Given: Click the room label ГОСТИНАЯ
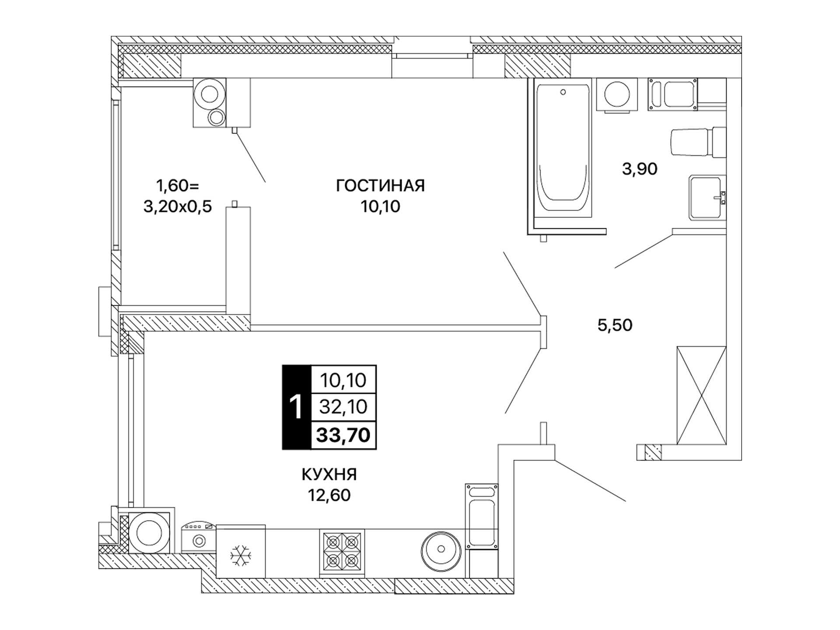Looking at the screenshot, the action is pyautogui.click(x=380, y=186).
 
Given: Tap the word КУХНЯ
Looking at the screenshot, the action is pyautogui.click(x=329, y=474).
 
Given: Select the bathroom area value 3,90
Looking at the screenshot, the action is pyautogui.click(x=640, y=169).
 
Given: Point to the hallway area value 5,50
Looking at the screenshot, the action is pyautogui.click(x=615, y=325).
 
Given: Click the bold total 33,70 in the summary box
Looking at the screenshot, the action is pyautogui.click(x=343, y=435).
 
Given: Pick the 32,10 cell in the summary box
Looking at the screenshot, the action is pyautogui.click(x=343, y=407).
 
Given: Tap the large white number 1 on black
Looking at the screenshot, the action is pyautogui.click(x=296, y=407).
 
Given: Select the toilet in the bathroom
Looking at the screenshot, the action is pyautogui.click(x=697, y=142).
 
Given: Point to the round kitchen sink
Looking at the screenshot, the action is pyautogui.click(x=441, y=549).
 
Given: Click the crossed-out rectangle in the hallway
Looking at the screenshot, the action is pyautogui.click(x=701, y=395).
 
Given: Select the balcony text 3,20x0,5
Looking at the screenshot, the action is pyautogui.click(x=178, y=206).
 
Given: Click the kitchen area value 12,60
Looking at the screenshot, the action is pyautogui.click(x=329, y=495).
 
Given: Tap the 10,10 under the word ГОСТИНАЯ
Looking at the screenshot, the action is pyautogui.click(x=380, y=206).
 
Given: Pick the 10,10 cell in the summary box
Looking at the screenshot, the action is pyautogui.click(x=343, y=380).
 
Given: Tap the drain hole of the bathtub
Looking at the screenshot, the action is pyautogui.click(x=563, y=92).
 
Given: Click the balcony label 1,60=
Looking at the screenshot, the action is pyautogui.click(x=178, y=186).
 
